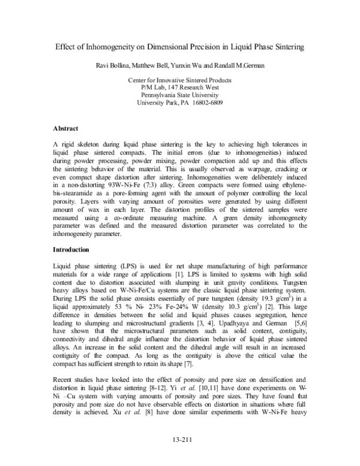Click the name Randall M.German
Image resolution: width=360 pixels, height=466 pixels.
click(x=244, y=65)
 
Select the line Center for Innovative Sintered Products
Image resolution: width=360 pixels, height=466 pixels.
click(x=180, y=80)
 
